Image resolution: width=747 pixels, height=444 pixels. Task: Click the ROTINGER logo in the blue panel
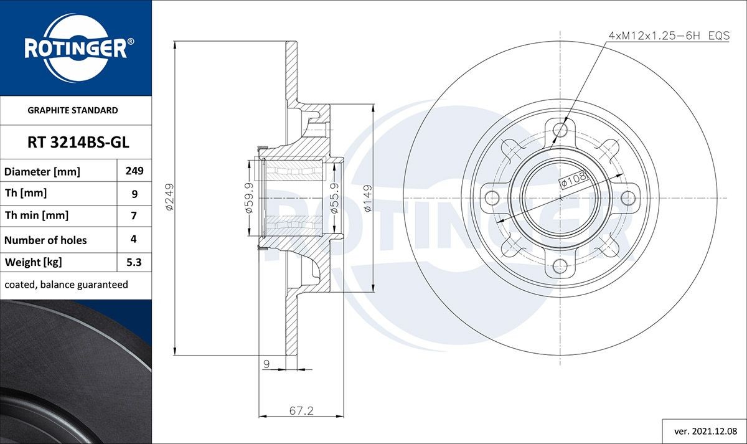(x=75, y=49)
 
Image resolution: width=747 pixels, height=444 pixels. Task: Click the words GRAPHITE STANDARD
(x=73, y=110)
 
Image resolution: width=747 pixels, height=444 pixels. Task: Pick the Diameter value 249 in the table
(x=134, y=171)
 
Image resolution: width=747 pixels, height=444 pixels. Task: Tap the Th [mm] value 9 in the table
(x=134, y=194)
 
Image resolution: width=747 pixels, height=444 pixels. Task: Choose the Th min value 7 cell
(x=134, y=216)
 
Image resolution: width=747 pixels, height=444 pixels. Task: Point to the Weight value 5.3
(x=134, y=262)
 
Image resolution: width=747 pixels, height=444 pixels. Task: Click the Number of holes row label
(x=45, y=240)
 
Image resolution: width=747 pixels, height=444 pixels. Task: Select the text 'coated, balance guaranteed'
(x=66, y=285)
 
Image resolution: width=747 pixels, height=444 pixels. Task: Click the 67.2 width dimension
(x=301, y=410)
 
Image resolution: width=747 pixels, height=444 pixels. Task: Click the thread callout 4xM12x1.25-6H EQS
(x=669, y=36)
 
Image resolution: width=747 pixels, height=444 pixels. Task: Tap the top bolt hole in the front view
(x=561, y=130)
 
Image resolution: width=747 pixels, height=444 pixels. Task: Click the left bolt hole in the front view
(x=492, y=199)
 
